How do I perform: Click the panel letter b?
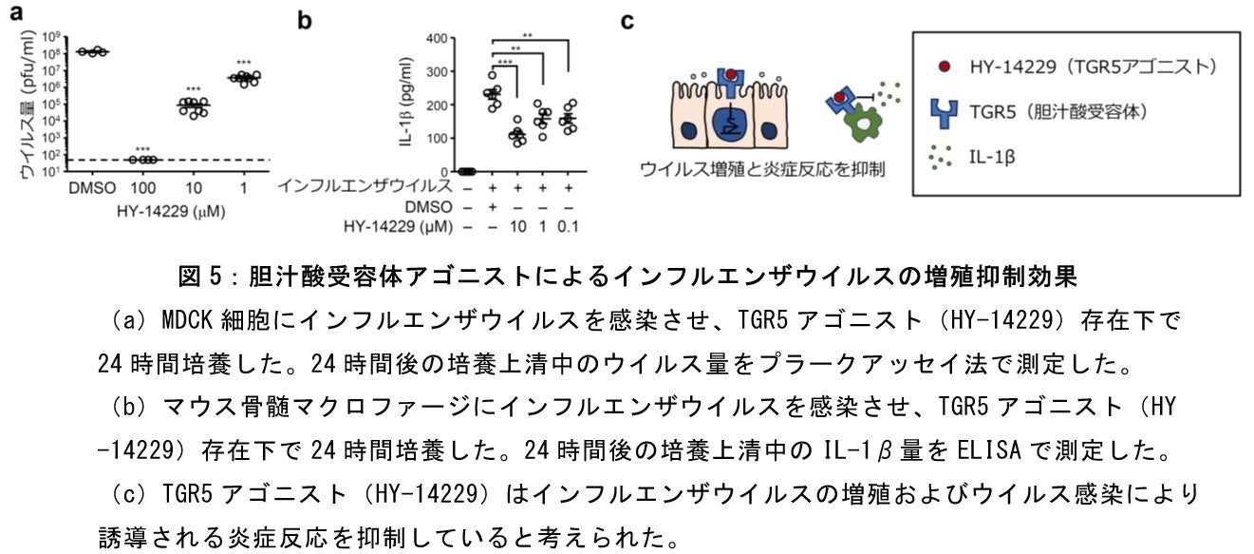[x=305, y=18]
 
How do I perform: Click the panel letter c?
[x=627, y=20]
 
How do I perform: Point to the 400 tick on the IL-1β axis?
[x=437, y=39]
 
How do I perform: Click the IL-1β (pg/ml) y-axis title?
[x=407, y=105]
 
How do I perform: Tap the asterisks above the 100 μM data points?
[x=143, y=149]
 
